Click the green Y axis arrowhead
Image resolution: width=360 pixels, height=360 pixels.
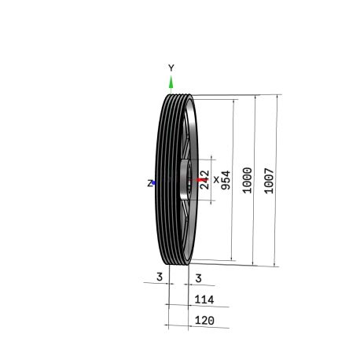(x=171, y=82)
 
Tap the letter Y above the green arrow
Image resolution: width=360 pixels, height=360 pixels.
(x=171, y=68)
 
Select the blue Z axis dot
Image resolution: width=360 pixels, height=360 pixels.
(x=154, y=182)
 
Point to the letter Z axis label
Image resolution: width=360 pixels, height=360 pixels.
(x=149, y=183)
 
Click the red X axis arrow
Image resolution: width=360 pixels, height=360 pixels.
(x=202, y=180)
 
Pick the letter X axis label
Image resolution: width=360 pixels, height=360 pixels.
(x=216, y=180)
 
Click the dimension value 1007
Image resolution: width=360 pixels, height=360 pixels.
(x=269, y=181)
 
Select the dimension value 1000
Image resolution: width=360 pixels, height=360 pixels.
(x=247, y=180)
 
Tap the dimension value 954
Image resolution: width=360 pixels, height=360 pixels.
(x=226, y=180)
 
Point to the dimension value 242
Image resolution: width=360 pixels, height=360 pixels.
(x=204, y=180)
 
